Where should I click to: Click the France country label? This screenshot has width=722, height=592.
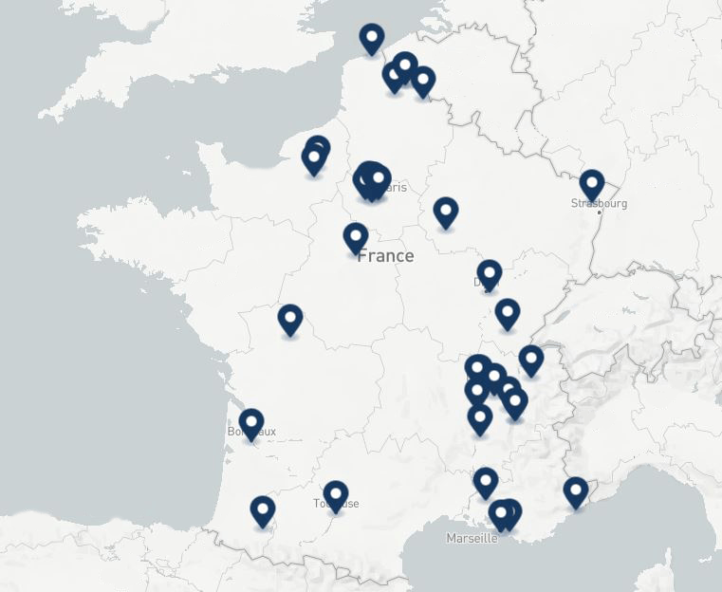pyautogui.click(x=385, y=256)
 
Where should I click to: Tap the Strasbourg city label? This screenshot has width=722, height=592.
pyautogui.click(x=599, y=203)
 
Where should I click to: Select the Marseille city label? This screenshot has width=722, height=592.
pyautogui.click(x=472, y=538)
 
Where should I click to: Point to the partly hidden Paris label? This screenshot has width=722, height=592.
pyautogui.click(x=394, y=187)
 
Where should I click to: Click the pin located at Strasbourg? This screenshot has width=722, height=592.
pyautogui.click(x=592, y=184)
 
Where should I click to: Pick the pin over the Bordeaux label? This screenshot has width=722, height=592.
pyautogui.click(x=250, y=422)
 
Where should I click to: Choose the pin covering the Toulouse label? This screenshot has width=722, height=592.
pyautogui.click(x=335, y=493)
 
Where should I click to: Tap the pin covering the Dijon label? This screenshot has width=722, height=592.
pyautogui.click(x=489, y=274)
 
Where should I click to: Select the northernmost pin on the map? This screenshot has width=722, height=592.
pyautogui.click(x=372, y=38)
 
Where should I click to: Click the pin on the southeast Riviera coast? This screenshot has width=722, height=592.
pyautogui.click(x=575, y=490)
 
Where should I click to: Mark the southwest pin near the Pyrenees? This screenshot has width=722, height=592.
pyautogui.click(x=263, y=510)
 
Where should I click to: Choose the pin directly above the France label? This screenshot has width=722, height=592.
pyautogui.click(x=356, y=237)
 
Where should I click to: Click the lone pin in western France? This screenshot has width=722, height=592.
pyautogui.click(x=290, y=319)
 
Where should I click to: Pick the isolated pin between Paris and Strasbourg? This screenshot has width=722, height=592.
pyautogui.click(x=446, y=212)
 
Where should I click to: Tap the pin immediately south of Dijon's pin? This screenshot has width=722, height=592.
pyautogui.click(x=508, y=312)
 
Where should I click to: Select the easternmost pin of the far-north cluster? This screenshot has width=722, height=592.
pyautogui.click(x=423, y=80)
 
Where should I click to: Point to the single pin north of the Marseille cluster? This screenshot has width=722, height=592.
pyautogui.click(x=485, y=481)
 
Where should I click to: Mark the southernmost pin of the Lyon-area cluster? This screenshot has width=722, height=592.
pyautogui.click(x=480, y=417)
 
